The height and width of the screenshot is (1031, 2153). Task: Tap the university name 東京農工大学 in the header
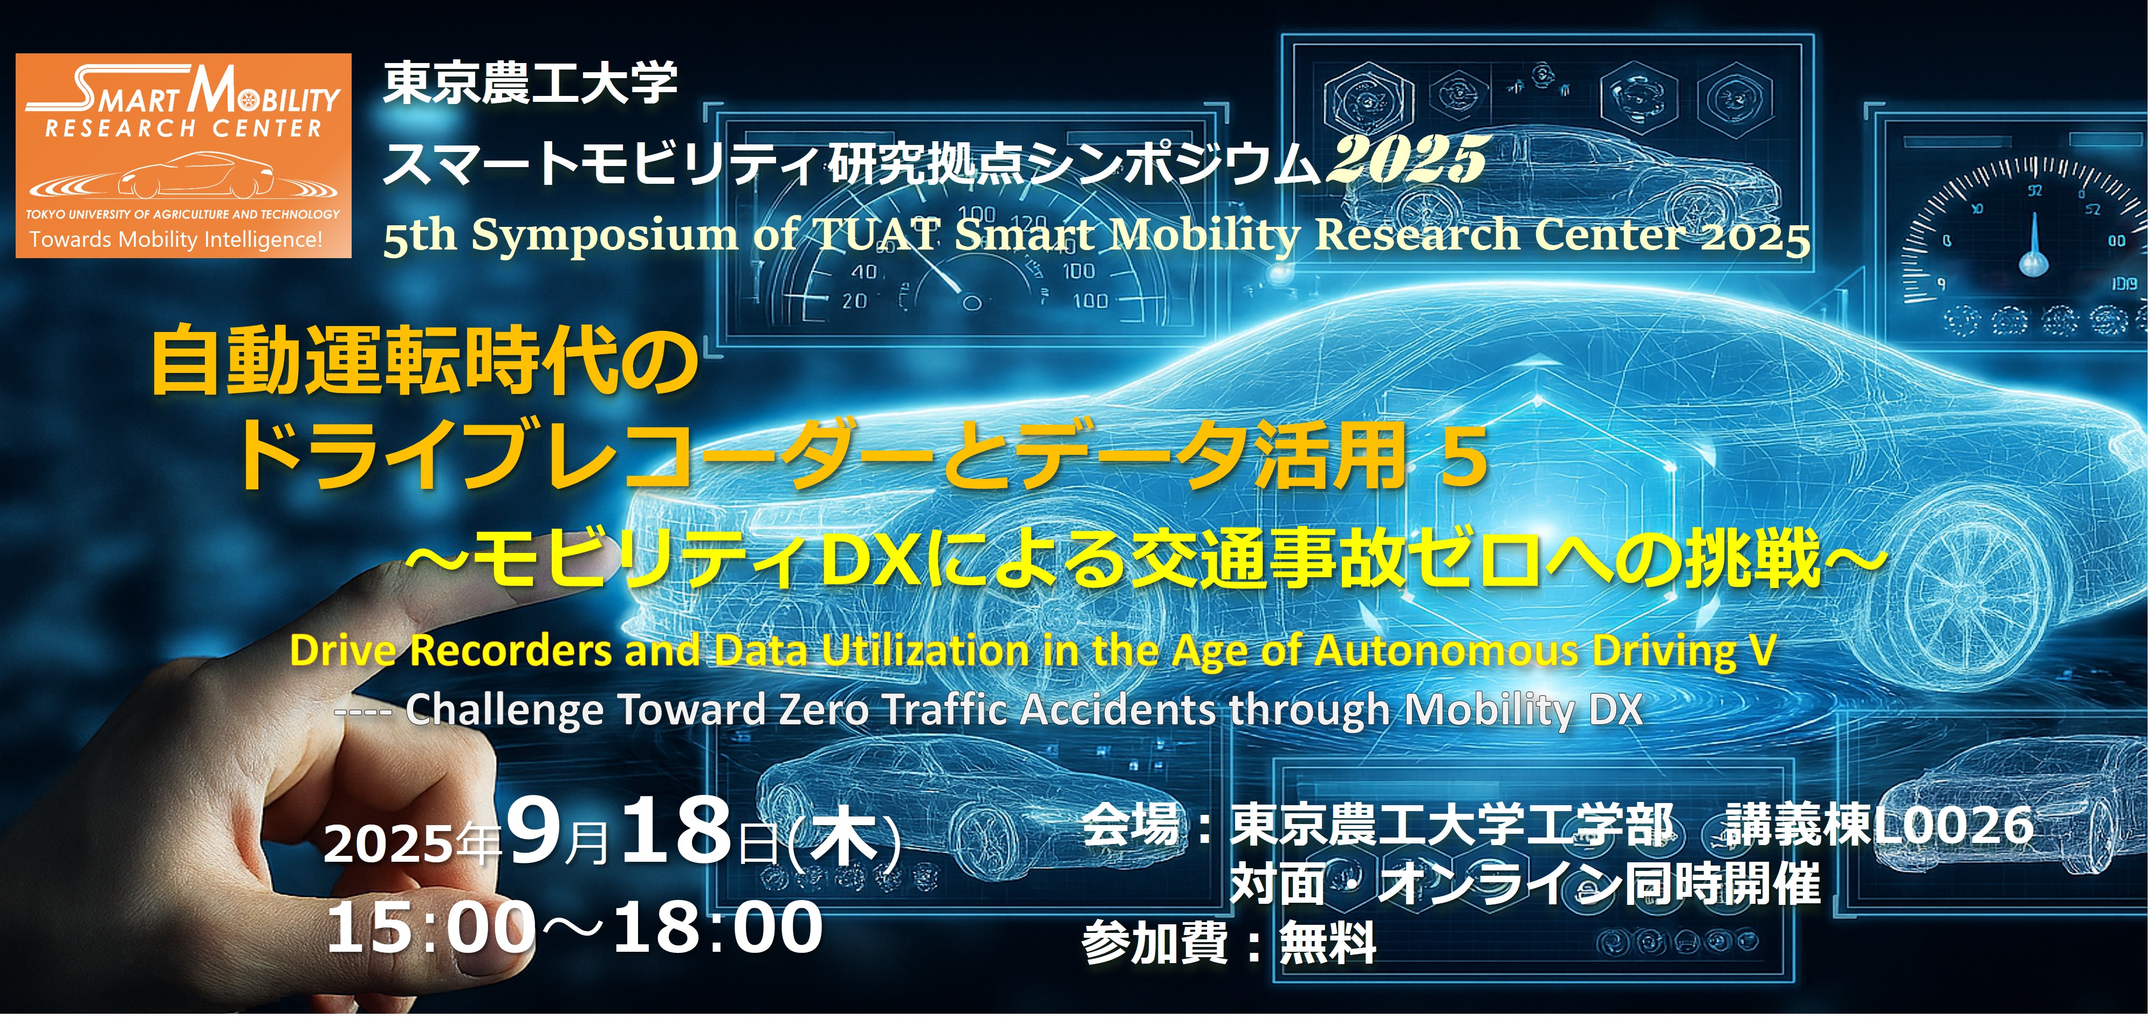click(x=530, y=85)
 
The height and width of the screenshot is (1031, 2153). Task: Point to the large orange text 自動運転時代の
click(x=424, y=362)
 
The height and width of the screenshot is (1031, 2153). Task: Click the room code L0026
click(x=1952, y=826)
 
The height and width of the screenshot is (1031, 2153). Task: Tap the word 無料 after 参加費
click(x=1328, y=943)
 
